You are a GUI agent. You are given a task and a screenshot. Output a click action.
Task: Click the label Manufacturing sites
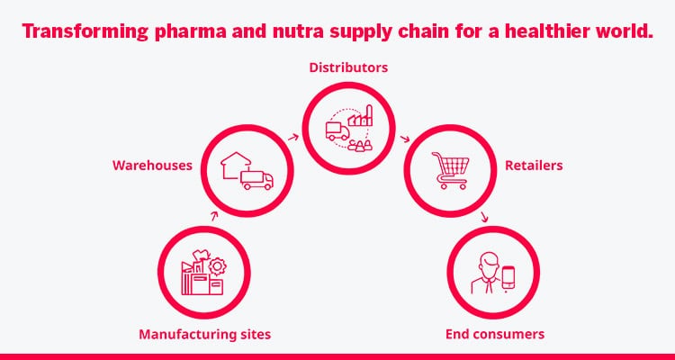pyautogui.click(x=204, y=335)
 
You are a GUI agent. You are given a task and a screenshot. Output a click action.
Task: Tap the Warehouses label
pyautogui.click(x=152, y=166)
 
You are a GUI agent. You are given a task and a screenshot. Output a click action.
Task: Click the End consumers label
pyautogui.click(x=495, y=335)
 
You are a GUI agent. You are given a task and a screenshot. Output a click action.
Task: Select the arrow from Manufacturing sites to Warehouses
pyautogui.click(x=214, y=216)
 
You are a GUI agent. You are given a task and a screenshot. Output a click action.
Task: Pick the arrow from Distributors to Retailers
pyautogui.click(x=406, y=138)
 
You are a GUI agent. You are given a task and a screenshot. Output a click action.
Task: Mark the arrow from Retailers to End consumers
pyautogui.click(x=486, y=217)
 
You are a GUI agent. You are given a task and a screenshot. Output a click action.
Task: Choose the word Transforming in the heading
pyautogui.click(x=75, y=31)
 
